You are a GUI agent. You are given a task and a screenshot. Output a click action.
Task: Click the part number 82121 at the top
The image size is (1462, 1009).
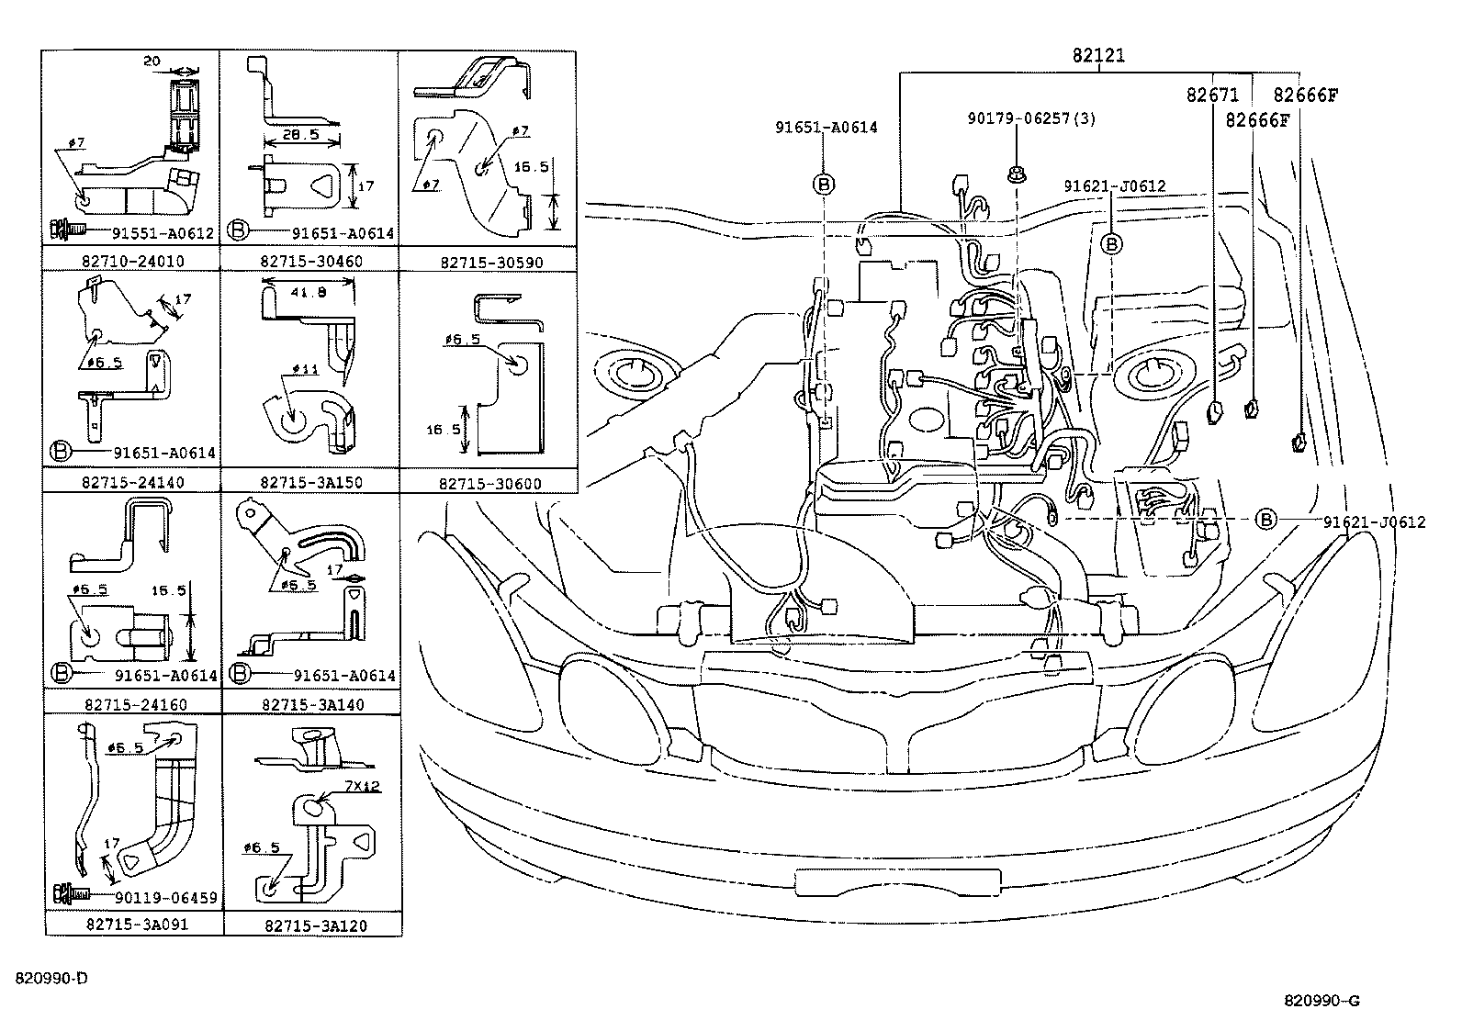1097,56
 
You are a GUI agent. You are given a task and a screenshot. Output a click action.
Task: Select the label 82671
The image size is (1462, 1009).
1212,95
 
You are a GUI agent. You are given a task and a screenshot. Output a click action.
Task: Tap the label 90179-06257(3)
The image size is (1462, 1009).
1031,118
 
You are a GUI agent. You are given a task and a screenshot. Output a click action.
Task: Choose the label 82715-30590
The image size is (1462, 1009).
490,262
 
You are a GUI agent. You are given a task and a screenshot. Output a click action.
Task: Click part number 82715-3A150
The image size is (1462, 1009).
311,482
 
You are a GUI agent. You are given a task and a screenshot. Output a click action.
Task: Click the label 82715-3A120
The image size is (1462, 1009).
314,925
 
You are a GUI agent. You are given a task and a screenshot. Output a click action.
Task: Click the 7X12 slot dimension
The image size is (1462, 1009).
363,787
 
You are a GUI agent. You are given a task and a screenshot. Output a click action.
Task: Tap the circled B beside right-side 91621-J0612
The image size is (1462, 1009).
1265,521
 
